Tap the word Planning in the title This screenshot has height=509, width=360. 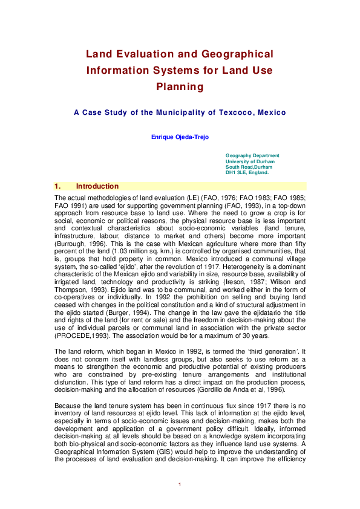(180, 86)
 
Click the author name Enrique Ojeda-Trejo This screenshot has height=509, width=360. (180, 137)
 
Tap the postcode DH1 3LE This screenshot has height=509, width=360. (237, 173)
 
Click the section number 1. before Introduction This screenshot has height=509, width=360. (58, 186)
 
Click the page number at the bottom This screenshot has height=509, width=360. (180, 484)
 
